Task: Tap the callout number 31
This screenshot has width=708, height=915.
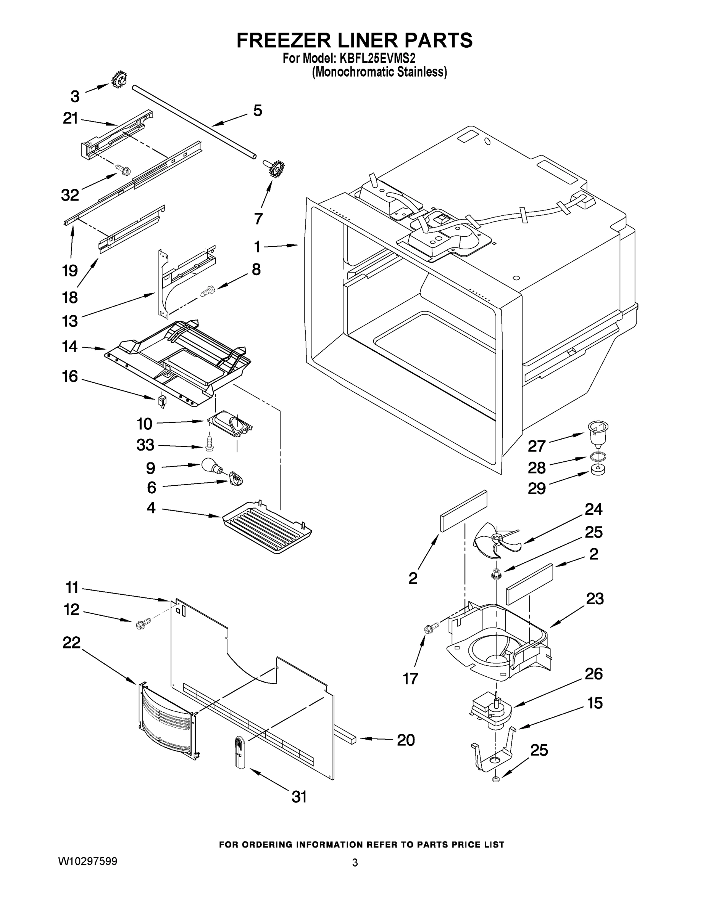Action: coord(299,796)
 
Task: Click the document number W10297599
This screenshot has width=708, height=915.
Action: coord(87,862)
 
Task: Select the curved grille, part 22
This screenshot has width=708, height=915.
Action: coord(166,721)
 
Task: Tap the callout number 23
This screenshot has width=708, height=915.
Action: coord(594,599)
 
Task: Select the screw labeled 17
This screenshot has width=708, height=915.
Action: coord(431,628)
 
